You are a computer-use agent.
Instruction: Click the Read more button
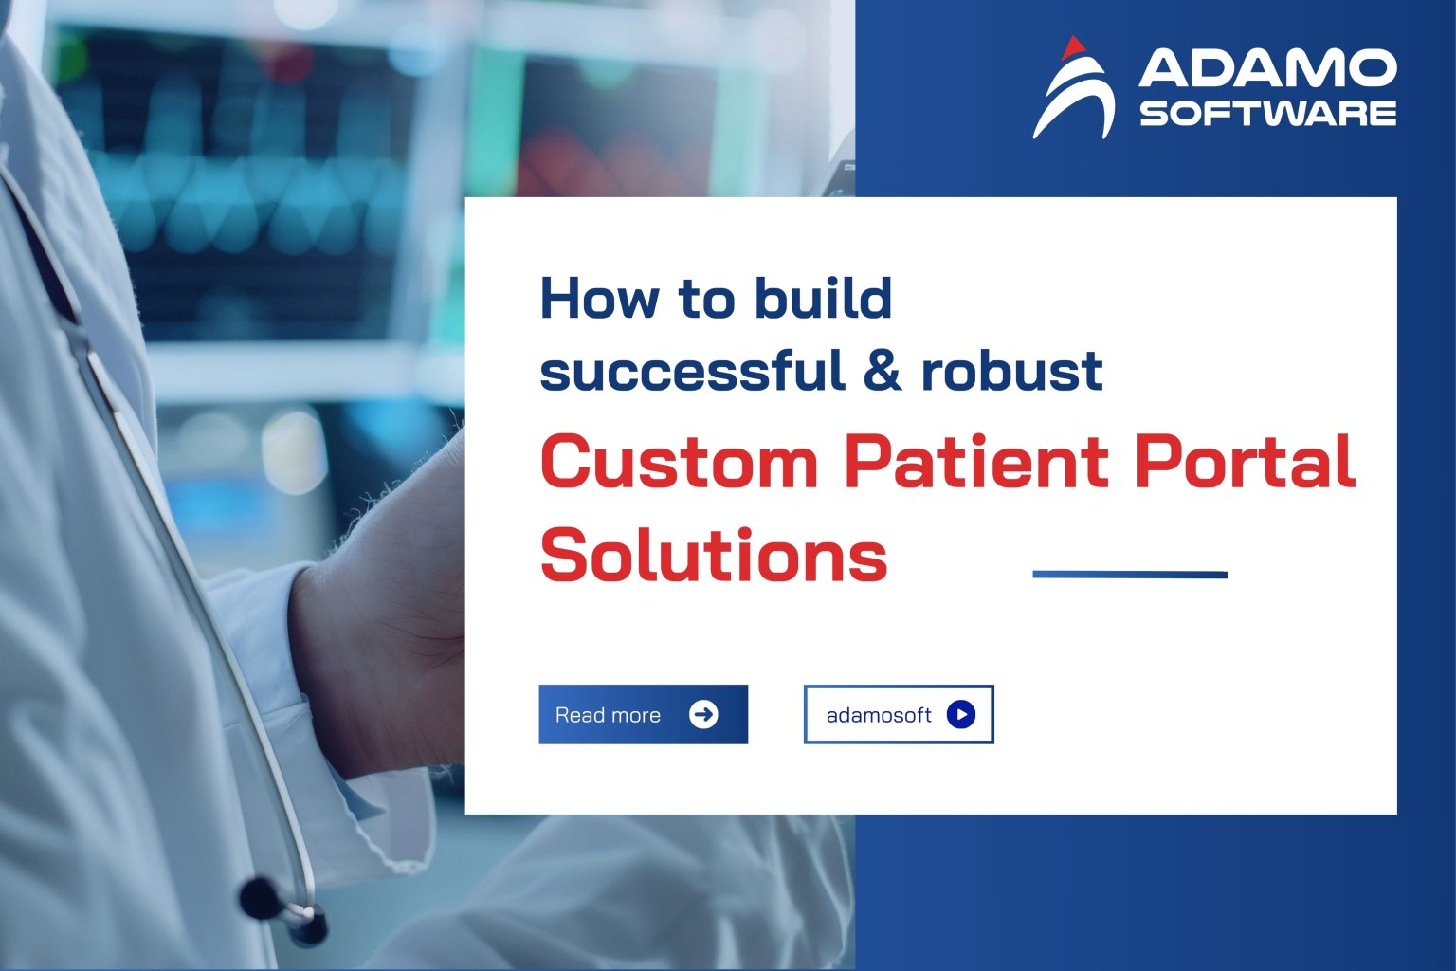pos(643,714)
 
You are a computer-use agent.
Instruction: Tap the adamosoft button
pos(898,714)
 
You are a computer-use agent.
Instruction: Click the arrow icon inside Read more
pos(703,714)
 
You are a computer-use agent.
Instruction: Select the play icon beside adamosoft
pos(960,714)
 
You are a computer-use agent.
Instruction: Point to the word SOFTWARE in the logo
pos(1267,114)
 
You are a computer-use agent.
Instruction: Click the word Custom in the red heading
pos(679,463)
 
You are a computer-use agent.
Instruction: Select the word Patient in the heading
pos(976,461)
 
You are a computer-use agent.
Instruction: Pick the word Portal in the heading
pos(1245,461)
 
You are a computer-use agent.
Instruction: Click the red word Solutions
pos(714,556)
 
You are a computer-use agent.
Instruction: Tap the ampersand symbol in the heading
pos(882,370)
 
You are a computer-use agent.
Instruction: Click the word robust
pos(1011,370)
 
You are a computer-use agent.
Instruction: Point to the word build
pos(823,298)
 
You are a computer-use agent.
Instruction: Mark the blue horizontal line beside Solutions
pos(1130,575)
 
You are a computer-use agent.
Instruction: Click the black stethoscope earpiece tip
pos(259,896)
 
